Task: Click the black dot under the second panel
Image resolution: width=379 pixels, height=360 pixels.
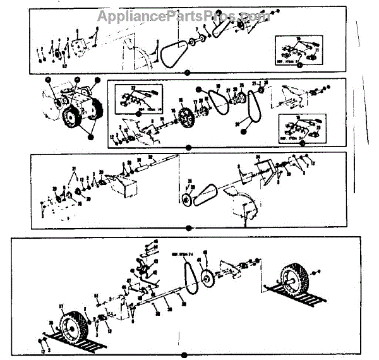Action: pyautogui.click(x=188, y=148)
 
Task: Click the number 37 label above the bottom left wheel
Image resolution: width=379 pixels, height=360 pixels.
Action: pyautogui.click(x=61, y=306)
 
